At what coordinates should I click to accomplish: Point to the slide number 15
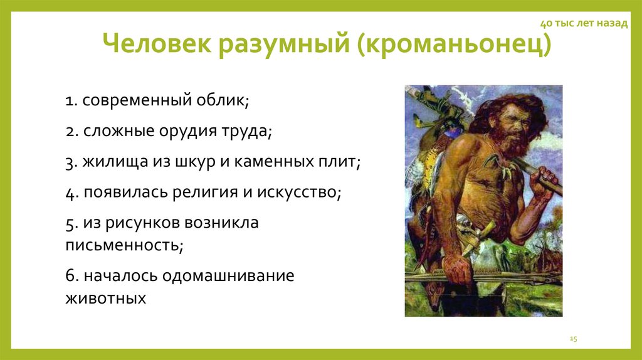pyautogui.click(x=572, y=338)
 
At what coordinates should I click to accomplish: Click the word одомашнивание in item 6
pyautogui.click(x=228, y=276)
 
